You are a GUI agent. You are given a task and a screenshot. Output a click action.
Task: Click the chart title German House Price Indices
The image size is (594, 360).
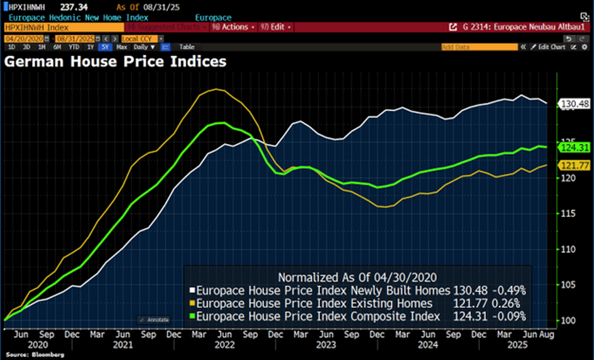[x=115, y=62]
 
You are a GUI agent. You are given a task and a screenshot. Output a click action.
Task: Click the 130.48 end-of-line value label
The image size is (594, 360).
[x=573, y=104]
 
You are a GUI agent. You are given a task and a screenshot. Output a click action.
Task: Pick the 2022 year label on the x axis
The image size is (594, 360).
[x=225, y=345]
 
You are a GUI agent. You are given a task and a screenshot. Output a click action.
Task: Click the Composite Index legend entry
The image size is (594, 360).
[x=317, y=317]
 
